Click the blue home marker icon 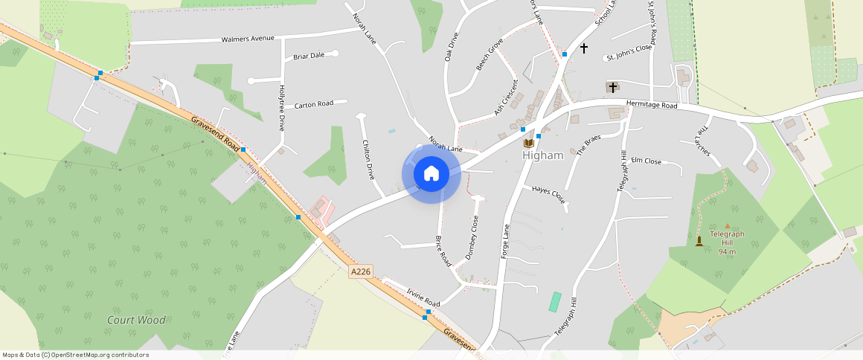pyautogui.click(x=431, y=174)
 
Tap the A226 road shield pyautogui.click(x=360, y=272)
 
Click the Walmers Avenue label pyautogui.click(x=248, y=39)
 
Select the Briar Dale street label pyautogui.click(x=309, y=56)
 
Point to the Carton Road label pyautogui.click(x=313, y=105)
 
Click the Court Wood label pyautogui.click(x=136, y=320)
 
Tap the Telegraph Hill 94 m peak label pyautogui.click(x=727, y=242)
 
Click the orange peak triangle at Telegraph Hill pyautogui.click(x=727, y=225)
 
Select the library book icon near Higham pyautogui.click(x=528, y=143)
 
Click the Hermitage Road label pyautogui.click(x=652, y=106)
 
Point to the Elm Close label pyautogui.click(x=646, y=161)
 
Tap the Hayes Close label pyautogui.click(x=548, y=195)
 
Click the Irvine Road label pyautogui.click(x=423, y=298)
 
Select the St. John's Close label pyautogui.click(x=629, y=57)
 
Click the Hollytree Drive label pyautogui.click(x=281, y=108)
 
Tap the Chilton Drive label pyautogui.click(x=368, y=160)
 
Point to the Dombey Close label pyautogui.click(x=470, y=237)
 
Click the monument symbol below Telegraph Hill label pyautogui.click(x=699, y=241)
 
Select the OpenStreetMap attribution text pyautogui.click(x=76, y=355)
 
